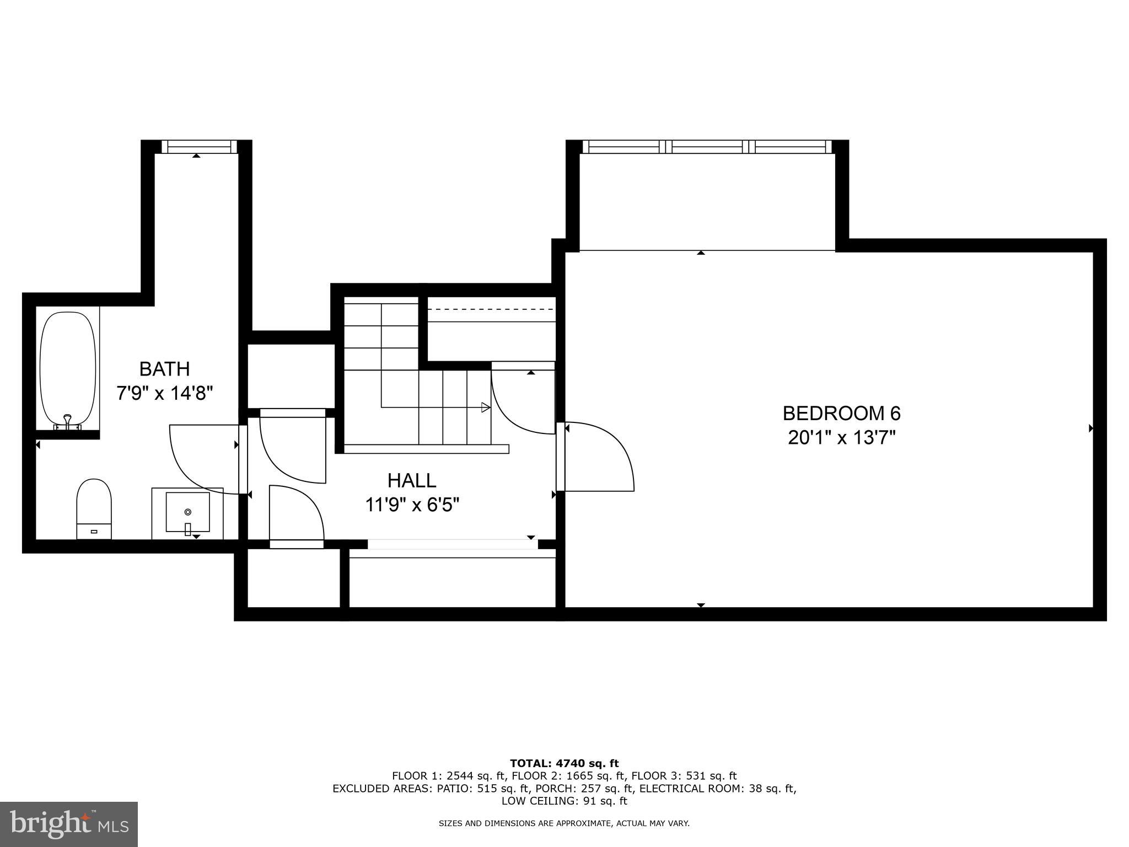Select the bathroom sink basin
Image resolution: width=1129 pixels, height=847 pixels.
188,512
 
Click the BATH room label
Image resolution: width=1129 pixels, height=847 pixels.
164,368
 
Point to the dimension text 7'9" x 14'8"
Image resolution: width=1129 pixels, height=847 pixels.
164,393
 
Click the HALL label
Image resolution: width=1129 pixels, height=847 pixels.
412,480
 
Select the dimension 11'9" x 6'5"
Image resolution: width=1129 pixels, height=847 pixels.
412,505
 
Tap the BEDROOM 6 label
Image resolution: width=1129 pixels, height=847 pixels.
841,413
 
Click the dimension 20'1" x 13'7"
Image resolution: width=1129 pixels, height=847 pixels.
841,438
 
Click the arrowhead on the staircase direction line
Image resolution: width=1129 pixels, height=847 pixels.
486,408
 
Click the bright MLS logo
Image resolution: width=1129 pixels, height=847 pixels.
69,824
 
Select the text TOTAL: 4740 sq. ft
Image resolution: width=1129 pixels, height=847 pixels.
564,764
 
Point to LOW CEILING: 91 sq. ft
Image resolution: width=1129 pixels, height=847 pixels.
564,801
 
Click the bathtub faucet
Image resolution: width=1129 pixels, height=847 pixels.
67,422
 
